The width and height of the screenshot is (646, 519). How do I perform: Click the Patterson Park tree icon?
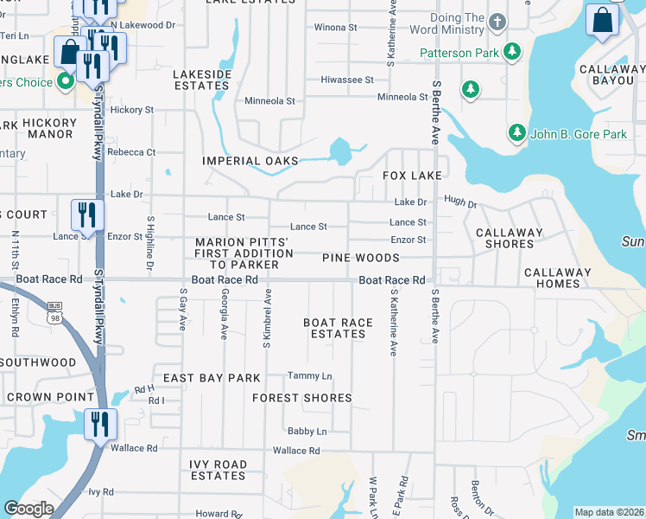pyautogui.click(x=512, y=52)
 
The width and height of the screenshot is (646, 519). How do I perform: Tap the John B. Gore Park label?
pyautogui.click(x=578, y=134)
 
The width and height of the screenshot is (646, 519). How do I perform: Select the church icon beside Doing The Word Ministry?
pyautogui.click(x=497, y=21)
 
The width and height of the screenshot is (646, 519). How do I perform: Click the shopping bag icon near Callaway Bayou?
pyautogui.click(x=602, y=20)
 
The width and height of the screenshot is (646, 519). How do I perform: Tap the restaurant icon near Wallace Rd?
pyautogui.click(x=100, y=425)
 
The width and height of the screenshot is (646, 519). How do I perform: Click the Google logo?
pyautogui.click(x=28, y=509)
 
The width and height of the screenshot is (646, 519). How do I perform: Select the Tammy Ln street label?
pyautogui.click(x=310, y=376)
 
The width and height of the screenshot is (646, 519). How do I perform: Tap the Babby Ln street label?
pyautogui.click(x=307, y=431)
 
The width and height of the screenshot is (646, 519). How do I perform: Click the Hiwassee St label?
pyautogui.click(x=346, y=80)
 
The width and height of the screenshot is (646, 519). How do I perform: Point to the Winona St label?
pyautogui.click(x=335, y=28)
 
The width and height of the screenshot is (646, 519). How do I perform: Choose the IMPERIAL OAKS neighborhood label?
pyautogui.click(x=250, y=161)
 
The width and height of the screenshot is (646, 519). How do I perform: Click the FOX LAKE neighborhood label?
pyautogui.click(x=412, y=176)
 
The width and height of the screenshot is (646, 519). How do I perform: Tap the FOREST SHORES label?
pyautogui.click(x=302, y=398)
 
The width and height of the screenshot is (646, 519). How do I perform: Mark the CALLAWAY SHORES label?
pyautogui.click(x=510, y=238)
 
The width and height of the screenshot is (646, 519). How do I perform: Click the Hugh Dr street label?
pyautogui.click(x=460, y=201)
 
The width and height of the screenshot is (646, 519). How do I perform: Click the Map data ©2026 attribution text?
pyautogui.click(x=608, y=512)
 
